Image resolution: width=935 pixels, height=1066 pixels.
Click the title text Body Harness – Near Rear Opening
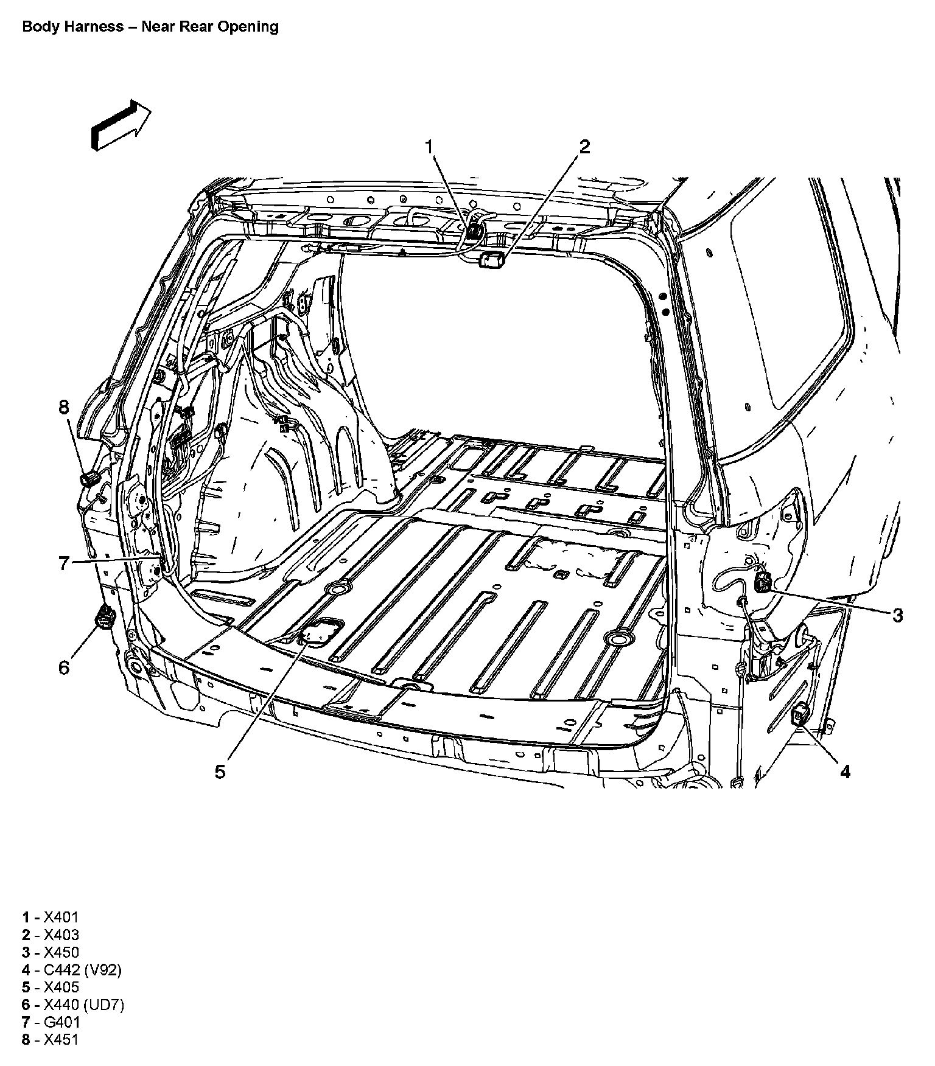pos(150,27)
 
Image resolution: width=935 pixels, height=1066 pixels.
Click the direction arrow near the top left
pos(121,125)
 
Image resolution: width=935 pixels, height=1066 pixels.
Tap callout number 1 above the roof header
pos(429,147)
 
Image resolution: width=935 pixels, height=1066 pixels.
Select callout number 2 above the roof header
pos(584,147)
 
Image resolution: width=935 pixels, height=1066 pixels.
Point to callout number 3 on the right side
pos(898,616)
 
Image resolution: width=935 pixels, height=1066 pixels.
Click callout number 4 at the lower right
pos(845,772)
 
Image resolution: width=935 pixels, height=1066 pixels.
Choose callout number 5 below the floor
pos(220,772)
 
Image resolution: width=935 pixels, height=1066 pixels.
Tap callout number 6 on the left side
pos(65,667)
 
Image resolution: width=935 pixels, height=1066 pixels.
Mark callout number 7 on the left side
pos(65,563)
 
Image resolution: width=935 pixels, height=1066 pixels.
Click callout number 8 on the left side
pos(65,406)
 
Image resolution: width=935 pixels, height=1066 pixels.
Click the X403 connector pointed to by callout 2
pos(492,260)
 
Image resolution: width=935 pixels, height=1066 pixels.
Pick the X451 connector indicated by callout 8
pos(90,478)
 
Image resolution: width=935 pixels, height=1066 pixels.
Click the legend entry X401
pos(51,918)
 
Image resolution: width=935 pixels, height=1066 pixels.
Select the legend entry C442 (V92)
pos(72,970)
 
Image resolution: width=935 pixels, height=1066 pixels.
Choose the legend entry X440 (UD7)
pos(73,1005)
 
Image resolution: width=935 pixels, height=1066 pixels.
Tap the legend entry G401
pos(51,1022)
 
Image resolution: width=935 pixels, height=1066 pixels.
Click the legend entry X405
pos(51,987)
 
